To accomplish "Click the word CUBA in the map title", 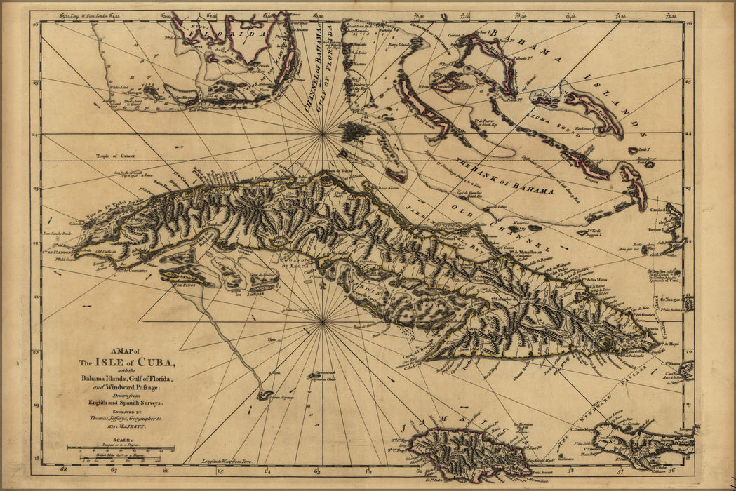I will pyautogui.click(x=156, y=363).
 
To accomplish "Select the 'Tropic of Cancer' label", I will pyautogui.click(x=116, y=155).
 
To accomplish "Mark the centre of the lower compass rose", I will pyautogui.click(x=322, y=322).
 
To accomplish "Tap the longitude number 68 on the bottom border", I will pyautogui.click(x=63, y=471).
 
